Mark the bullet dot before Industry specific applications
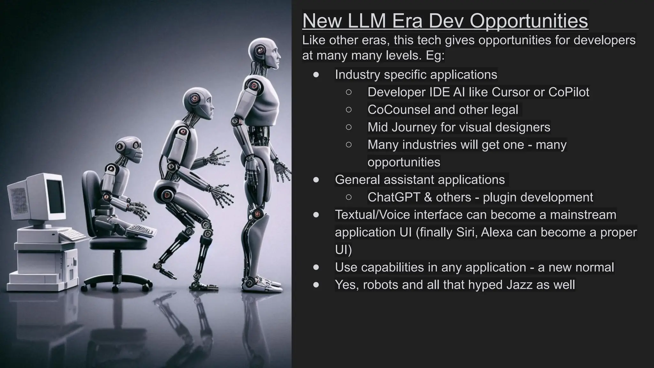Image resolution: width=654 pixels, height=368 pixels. [x=316, y=75]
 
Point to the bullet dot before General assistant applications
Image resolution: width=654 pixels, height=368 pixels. [x=316, y=180]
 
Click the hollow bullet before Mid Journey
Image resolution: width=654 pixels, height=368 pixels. [x=349, y=127]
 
